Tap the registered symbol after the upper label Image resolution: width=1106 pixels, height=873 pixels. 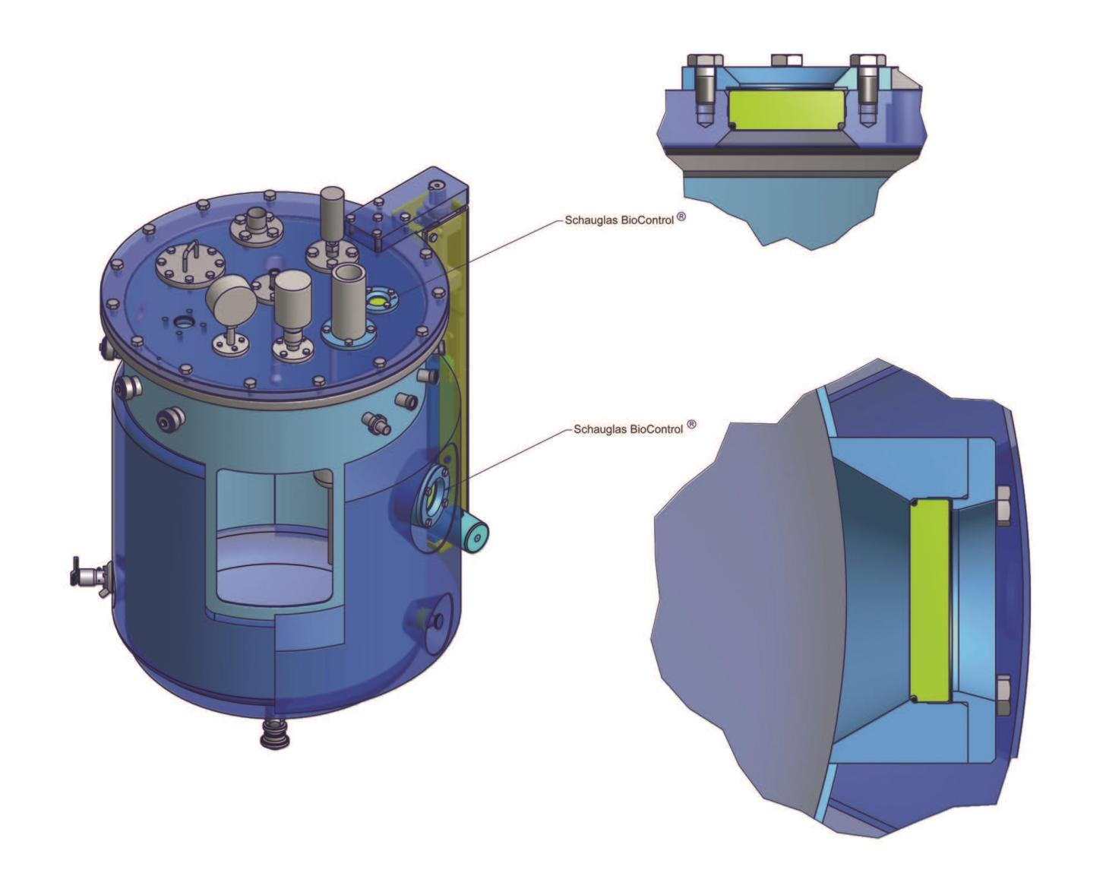[x=681, y=217]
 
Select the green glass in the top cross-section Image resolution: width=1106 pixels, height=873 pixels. [x=786, y=109]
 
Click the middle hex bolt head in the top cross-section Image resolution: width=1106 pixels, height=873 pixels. [x=786, y=59]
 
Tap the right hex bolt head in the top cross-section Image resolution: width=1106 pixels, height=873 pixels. [x=867, y=60]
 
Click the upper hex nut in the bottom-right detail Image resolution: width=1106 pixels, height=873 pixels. [x=1003, y=507]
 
